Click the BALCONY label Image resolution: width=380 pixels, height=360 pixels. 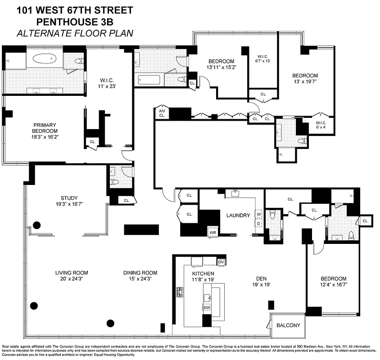coord(288,325)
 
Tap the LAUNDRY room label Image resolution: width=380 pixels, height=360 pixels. coord(238,216)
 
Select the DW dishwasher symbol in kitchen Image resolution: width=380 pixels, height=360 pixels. coord(207,307)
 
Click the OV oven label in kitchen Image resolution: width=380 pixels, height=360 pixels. coord(221,261)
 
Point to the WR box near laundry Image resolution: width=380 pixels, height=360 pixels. coord(213,232)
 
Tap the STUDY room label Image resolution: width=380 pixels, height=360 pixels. coord(69,198)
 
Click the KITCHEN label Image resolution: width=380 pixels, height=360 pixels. coord(203,274)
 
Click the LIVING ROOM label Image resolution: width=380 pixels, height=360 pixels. coord(72,273)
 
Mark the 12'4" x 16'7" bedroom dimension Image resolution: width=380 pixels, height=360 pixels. coord(334,285)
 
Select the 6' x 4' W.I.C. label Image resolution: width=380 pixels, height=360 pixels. coord(321,126)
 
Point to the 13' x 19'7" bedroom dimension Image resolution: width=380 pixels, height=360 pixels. coord(305,81)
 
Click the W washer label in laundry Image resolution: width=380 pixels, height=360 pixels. coord(259,214)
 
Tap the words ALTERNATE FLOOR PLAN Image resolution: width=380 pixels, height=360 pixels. coord(75,33)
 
